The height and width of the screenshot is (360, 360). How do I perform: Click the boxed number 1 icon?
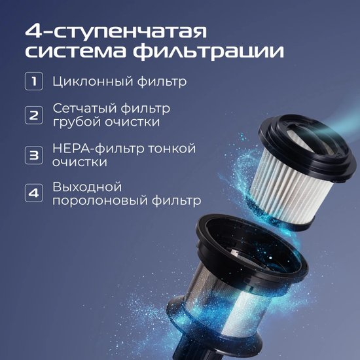[x=34, y=81]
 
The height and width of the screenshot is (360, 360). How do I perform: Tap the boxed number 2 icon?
[x=34, y=115]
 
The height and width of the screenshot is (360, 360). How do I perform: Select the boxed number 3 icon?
[x=34, y=155]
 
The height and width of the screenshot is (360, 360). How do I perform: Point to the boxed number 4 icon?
[x=34, y=193]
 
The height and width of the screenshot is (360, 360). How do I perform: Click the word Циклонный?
[x=92, y=82]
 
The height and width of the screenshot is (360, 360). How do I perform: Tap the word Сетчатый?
[x=84, y=109]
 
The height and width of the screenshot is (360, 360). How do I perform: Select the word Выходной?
[x=87, y=187]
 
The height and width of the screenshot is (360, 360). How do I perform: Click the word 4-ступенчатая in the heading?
[x=116, y=31]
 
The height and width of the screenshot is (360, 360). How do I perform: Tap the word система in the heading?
[x=75, y=52]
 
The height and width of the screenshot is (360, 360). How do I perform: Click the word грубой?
[x=77, y=122]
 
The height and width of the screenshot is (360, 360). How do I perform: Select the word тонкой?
[x=171, y=149]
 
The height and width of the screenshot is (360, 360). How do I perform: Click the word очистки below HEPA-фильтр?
[x=80, y=162]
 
